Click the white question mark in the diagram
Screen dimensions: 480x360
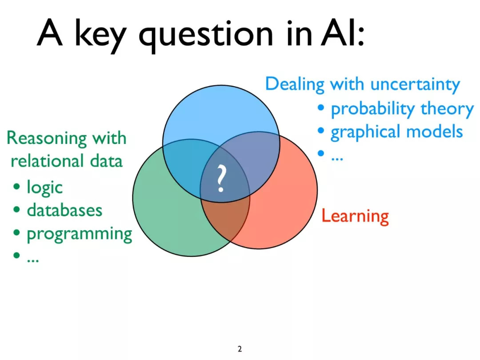221,179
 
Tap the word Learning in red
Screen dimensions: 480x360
355,216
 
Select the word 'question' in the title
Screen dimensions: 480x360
206,35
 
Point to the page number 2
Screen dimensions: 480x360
240,349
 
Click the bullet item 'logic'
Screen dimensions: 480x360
45,187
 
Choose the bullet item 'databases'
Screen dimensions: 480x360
64,210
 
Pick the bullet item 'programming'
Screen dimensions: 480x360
80,234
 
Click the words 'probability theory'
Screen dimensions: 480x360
402,109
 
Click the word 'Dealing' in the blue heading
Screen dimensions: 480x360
295,84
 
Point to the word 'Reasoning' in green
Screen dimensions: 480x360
47,139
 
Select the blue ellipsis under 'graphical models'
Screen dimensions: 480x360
337,159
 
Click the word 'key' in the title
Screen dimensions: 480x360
100,35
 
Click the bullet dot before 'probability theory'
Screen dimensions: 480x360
321,108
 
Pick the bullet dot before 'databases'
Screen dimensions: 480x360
17,210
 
